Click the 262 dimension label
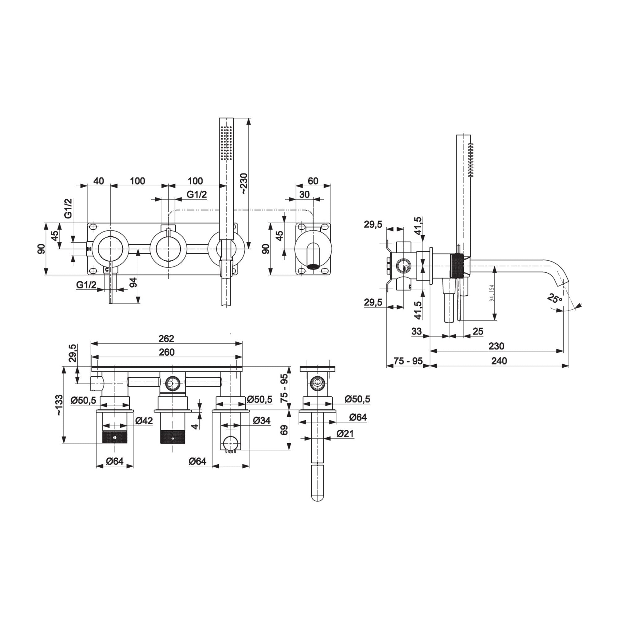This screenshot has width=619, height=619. click(166, 338)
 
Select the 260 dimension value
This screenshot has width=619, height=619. click(167, 352)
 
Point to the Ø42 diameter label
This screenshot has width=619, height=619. click(144, 420)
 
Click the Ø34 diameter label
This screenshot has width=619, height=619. click(262, 420)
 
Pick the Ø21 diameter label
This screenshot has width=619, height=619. click(345, 434)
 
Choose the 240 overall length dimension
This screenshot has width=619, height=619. click(499, 361)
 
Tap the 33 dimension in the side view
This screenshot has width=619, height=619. click(416, 331)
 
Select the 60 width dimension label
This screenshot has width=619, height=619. click(313, 181)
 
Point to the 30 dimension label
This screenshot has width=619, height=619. click(304, 194)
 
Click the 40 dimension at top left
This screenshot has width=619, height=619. click(99, 181)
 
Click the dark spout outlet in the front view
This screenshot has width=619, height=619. click(313, 266)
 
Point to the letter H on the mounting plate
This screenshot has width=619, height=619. click(89, 249)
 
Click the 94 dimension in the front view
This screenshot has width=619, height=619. click(134, 282)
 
